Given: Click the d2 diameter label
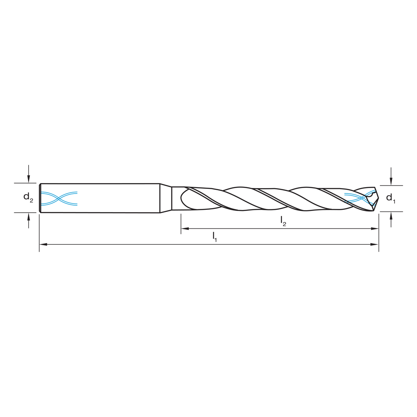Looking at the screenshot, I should pos(28,197).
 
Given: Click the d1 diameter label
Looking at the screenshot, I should pos(391,198).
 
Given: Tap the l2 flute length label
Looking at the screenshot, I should pos(283,221).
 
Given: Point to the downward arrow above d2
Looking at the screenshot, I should pos(28,178).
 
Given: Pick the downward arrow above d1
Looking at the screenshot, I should pos(391,181).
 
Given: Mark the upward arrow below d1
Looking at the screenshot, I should pos(391,216).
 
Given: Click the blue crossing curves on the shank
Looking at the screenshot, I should pos(59,198).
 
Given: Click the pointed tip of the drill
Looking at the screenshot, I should pos(378,199).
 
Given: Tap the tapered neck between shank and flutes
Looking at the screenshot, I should pos(166,198).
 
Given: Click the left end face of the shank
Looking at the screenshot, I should pos(40,198).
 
